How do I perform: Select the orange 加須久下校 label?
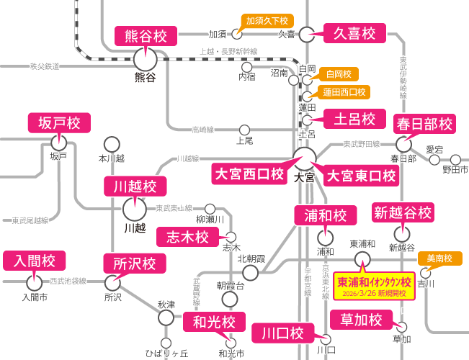click(x=267, y=21)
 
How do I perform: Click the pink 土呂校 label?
click(x=349, y=118)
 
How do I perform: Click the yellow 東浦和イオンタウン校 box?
click(x=374, y=286)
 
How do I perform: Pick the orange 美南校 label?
click(x=439, y=258)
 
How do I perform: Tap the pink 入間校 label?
click(x=35, y=261)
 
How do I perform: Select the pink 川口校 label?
click(x=282, y=333)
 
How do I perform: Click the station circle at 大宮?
click(x=305, y=158)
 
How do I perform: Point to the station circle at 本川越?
click(x=112, y=144)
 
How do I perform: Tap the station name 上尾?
click(x=244, y=141)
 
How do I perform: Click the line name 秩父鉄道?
click(x=44, y=66)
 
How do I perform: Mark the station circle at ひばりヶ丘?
click(x=166, y=343)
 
